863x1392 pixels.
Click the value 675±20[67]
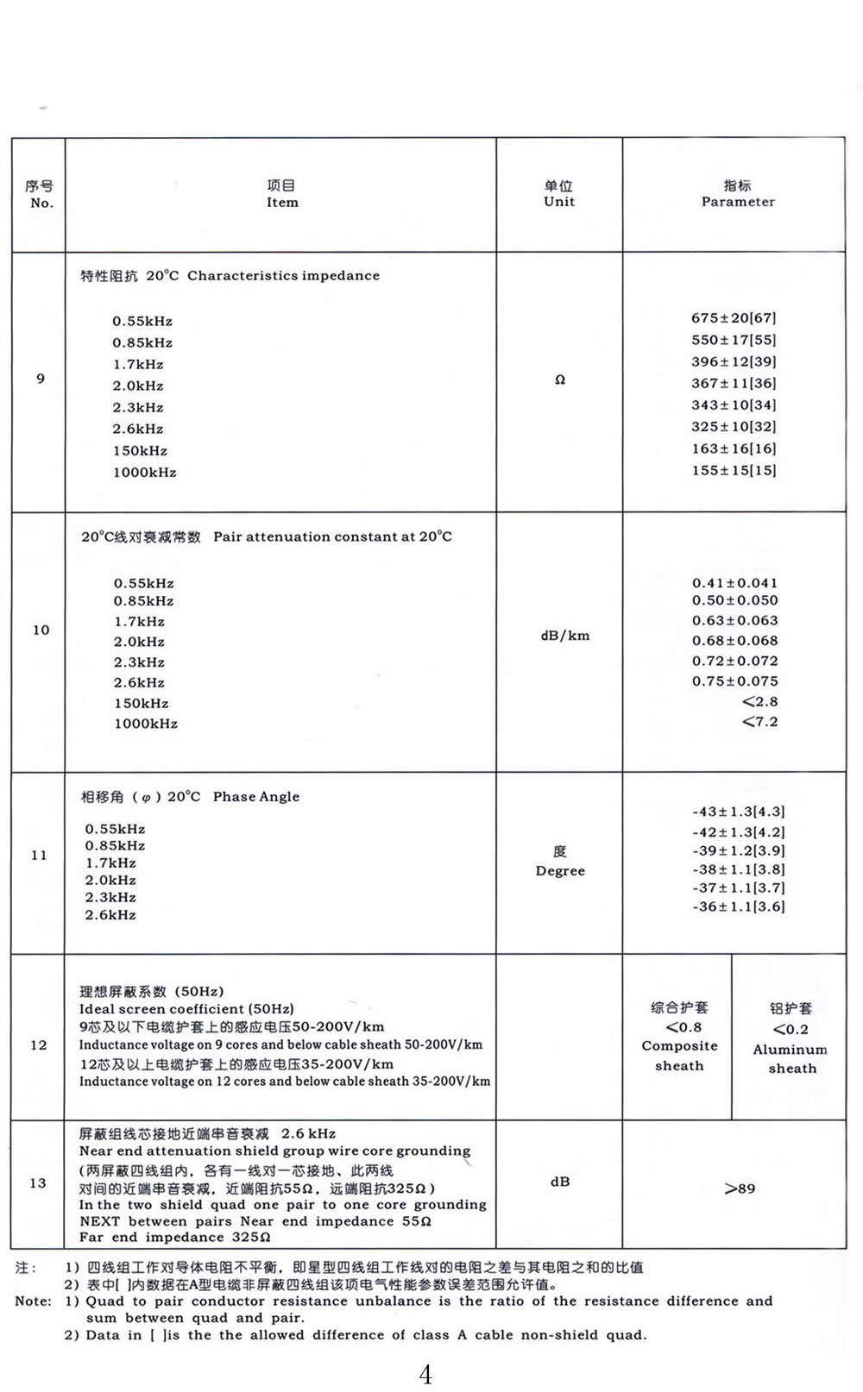pos(734,318)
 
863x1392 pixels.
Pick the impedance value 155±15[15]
pos(734,470)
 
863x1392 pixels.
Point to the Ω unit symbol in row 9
pos(560,379)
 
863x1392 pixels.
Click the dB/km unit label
pos(564,636)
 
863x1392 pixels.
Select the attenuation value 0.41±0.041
pos(734,583)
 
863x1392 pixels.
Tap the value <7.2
pos(759,721)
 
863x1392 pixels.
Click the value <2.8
pos(759,701)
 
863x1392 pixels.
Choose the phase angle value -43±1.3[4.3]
pos(738,812)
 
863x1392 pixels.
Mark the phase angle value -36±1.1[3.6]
pos(738,906)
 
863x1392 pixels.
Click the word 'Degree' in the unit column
pos(560,871)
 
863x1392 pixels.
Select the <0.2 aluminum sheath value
pos(791,1029)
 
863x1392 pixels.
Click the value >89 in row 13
pos(740,1188)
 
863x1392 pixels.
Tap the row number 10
pos(41,630)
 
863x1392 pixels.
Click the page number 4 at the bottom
pos(425,1373)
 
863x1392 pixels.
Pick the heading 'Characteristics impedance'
pos(283,276)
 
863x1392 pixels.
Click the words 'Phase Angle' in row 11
pos(256,797)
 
